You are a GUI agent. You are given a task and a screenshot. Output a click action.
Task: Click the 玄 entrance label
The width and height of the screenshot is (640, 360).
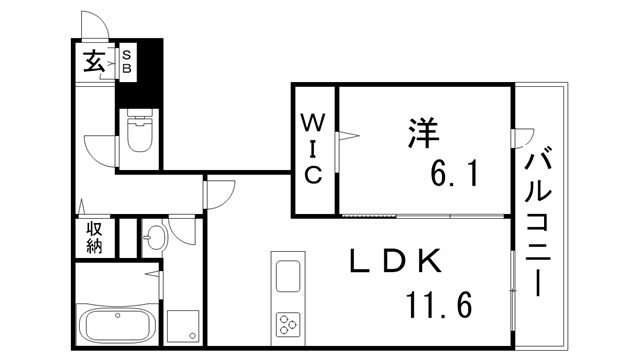pyautogui.click(x=91, y=62)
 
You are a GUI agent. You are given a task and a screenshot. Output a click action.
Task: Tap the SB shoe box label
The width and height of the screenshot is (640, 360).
pyautogui.click(x=127, y=62)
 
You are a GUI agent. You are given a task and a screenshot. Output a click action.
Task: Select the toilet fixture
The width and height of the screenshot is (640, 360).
pyautogui.click(x=139, y=136)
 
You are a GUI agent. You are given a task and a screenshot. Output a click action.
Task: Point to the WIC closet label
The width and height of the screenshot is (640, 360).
pyautogui.click(x=312, y=150)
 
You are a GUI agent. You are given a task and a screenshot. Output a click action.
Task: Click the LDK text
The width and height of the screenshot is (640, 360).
pyautogui.click(x=394, y=263)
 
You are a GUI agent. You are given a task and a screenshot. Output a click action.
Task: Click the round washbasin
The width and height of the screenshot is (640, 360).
pyautogui.click(x=155, y=240)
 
